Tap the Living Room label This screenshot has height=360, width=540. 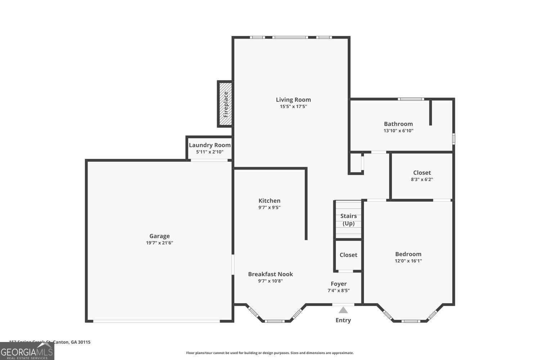click(x=293, y=100)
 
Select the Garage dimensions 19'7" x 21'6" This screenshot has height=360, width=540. click(x=159, y=243)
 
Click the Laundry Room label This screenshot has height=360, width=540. click(x=210, y=145)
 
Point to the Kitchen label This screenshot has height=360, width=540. click(x=269, y=201)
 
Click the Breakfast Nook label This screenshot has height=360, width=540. click(x=270, y=274)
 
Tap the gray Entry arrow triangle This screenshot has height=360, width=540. click(x=343, y=310)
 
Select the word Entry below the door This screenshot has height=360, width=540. click(x=343, y=320)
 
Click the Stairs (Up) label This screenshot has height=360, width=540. click(x=348, y=220)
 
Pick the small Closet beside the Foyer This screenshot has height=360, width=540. click(x=348, y=255)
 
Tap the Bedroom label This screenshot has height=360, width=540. click(x=408, y=254)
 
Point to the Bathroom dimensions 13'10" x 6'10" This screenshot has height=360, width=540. click(x=398, y=131)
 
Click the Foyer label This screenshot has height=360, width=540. click(x=338, y=284)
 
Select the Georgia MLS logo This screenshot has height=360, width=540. click(x=27, y=351)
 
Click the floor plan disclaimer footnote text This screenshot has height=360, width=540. click(x=270, y=353)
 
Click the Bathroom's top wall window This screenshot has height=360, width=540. click(x=411, y=99)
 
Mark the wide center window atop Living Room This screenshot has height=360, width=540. click(x=290, y=37)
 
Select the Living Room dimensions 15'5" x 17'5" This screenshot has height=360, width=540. click(x=293, y=107)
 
